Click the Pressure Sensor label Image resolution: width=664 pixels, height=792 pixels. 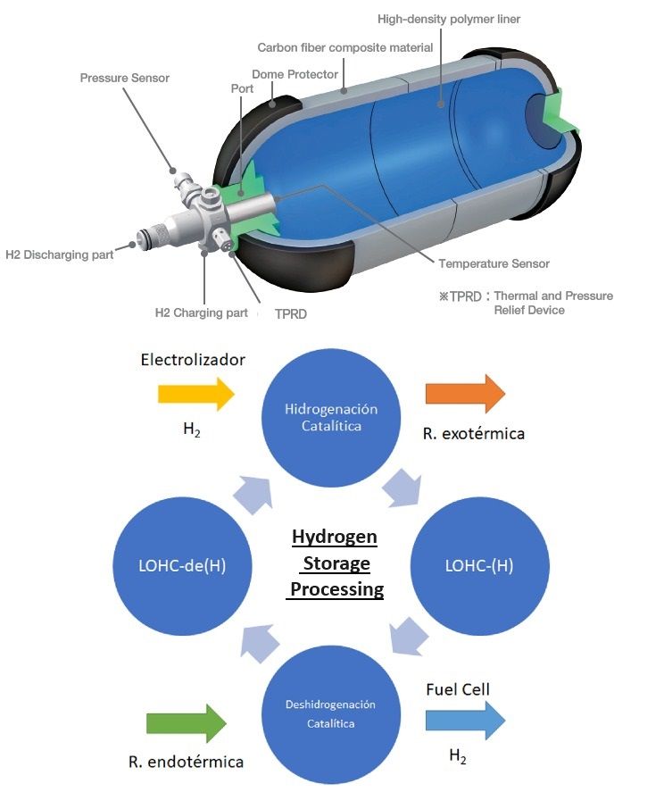click(124, 78)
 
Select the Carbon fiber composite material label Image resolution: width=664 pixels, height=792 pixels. click(344, 47)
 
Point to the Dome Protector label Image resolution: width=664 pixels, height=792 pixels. click(294, 74)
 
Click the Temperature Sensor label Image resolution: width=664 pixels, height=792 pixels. click(494, 263)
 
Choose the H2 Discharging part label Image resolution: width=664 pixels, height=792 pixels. click(60, 254)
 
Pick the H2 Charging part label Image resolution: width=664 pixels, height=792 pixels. click(202, 313)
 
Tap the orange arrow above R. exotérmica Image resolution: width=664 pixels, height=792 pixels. click(464, 394)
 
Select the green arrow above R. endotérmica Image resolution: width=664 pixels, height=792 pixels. click(185, 721)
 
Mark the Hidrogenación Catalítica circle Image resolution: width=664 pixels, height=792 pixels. click(331, 418)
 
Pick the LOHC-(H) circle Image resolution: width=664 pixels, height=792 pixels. click(478, 566)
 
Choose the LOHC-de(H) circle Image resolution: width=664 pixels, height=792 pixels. click(184, 566)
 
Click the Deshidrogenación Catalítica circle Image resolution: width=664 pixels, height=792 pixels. click(331, 713)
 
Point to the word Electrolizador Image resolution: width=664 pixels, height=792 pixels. click(193, 360)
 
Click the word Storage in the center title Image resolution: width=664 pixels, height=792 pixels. click(336, 563)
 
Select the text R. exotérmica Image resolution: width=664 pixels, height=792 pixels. click(474, 434)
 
